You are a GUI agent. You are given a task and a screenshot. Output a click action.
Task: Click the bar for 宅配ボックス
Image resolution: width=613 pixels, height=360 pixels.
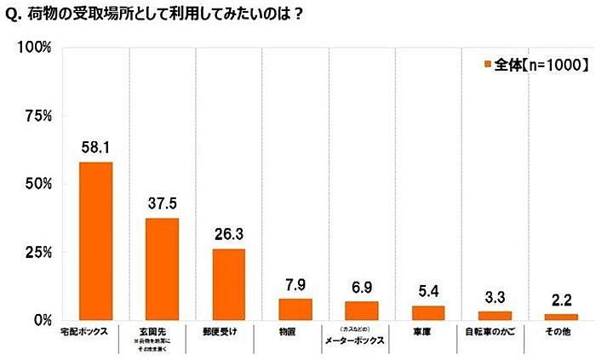click(x=95, y=241)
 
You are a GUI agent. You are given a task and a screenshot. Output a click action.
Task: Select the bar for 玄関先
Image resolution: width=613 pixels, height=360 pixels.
click(x=162, y=269)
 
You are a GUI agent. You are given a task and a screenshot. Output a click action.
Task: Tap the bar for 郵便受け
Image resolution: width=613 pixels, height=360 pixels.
click(x=229, y=284)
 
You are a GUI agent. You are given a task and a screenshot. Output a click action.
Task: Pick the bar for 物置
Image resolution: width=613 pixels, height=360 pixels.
click(x=295, y=310)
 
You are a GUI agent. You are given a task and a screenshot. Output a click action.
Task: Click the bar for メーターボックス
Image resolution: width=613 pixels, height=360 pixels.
click(x=362, y=311)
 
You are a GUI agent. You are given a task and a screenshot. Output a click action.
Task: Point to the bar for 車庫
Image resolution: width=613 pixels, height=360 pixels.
click(x=429, y=312)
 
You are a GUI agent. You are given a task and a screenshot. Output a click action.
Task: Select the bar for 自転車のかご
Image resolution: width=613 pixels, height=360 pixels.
click(x=495, y=316)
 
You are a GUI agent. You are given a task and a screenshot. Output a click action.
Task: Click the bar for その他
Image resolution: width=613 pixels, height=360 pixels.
click(x=561, y=317)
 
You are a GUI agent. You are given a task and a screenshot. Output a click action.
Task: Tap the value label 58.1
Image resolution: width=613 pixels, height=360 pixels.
click(x=95, y=147)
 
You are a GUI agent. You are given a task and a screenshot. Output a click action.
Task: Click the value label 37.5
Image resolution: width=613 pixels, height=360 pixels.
click(x=162, y=203)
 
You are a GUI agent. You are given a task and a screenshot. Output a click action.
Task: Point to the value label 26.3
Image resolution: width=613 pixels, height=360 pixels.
click(x=229, y=234)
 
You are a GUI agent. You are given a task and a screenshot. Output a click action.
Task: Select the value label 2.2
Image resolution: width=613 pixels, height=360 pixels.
click(x=561, y=300)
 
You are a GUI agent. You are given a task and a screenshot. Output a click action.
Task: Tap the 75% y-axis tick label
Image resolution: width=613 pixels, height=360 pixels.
click(x=37, y=116)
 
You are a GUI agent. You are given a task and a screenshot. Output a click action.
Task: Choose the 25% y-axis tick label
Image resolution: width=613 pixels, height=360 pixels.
click(x=37, y=253)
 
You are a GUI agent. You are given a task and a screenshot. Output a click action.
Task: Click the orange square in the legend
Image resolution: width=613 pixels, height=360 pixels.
click(x=488, y=63)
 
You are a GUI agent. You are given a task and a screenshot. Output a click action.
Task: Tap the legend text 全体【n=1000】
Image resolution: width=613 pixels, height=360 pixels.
click(x=541, y=63)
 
